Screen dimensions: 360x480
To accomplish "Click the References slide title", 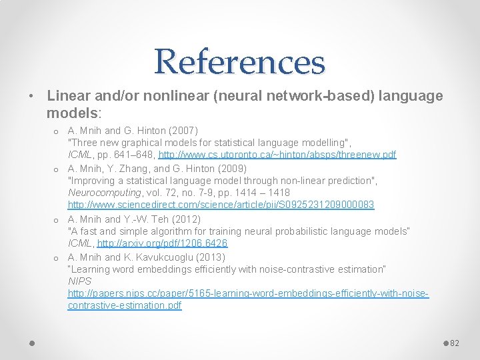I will [239, 61].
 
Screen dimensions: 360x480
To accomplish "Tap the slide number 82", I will [455, 343].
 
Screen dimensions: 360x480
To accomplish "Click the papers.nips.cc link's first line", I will [248, 294].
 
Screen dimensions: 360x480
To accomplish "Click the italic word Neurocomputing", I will [101, 193].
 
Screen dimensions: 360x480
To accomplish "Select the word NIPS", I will [79, 282].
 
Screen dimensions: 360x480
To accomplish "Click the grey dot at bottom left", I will [32, 343].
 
